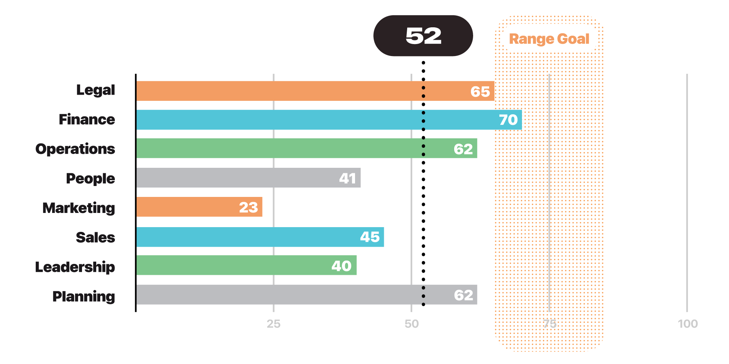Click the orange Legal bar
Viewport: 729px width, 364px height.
pos(315,91)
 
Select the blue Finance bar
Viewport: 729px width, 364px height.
pos(329,120)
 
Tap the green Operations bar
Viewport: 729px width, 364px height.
pos(307,148)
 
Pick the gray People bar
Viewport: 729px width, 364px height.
pos(248,178)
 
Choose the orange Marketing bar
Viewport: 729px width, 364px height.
pos(199,207)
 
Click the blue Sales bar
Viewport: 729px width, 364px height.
pos(260,237)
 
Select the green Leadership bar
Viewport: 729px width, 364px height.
pos(246,265)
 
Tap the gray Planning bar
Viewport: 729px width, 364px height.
pos(307,294)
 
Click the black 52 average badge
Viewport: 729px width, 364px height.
pos(423,36)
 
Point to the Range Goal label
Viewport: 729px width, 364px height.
pos(549,39)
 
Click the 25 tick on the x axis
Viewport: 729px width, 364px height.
pos(273,324)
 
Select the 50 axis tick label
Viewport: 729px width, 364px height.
pos(412,324)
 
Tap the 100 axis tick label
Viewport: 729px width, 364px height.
pos(687,324)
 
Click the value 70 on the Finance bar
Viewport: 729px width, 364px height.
pos(508,120)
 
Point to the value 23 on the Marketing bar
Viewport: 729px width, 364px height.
pos(248,207)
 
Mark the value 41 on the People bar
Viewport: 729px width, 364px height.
pos(347,178)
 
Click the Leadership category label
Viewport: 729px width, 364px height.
pos(75,267)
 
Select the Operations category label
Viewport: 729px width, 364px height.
pos(75,149)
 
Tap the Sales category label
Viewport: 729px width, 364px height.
pos(95,237)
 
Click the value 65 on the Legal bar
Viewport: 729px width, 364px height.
pos(480,92)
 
